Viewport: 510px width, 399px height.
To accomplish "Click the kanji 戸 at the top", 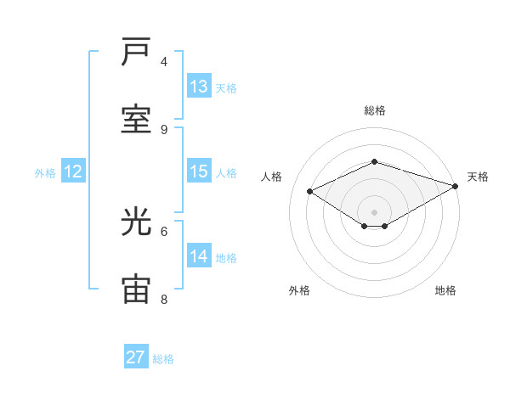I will (x=136, y=53).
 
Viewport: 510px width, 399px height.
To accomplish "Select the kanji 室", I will (x=136, y=120).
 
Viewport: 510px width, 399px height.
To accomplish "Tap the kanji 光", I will (x=136, y=222).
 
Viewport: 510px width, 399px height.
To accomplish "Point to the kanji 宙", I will (x=136, y=289).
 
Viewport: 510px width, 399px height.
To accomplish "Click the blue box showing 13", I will (x=199, y=87).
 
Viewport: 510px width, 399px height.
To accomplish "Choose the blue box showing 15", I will (x=199, y=171).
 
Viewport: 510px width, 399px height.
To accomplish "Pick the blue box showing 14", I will (x=199, y=256).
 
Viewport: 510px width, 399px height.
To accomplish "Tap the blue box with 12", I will (x=73, y=171).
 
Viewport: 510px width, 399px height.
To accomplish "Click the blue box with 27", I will (x=135, y=357).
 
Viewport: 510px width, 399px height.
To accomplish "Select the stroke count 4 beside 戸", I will (x=164, y=61).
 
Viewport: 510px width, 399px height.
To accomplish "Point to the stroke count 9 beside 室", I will (x=164, y=129).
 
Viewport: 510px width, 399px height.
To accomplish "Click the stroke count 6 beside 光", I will (x=164, y=231).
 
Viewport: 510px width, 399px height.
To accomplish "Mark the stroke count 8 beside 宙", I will (x=164, y=299).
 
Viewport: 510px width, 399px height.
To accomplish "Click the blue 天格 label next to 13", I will (x=225, y=87).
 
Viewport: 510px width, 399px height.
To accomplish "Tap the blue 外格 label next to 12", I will (x=45, y=172).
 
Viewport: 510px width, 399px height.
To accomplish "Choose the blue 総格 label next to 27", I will (x=163, y=358).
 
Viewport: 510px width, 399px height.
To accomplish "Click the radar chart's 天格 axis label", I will (x=478, y=177).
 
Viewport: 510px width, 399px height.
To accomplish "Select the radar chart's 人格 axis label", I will (x=271, y=177).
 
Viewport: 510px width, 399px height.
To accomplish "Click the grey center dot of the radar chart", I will (x=374, y=211).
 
